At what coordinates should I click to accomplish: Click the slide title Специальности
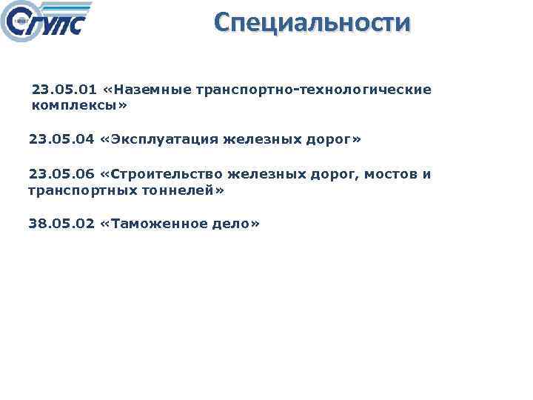pyautogui.click(x=311, y=22)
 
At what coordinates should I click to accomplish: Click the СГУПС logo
pyautogui.click(x=46, y=22)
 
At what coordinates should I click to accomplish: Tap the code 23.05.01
pyautogui.click(x=64, y=90)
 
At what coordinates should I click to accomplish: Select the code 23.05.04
pyautogui.click(x=61, y=139)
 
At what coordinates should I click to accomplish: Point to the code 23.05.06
pyautogui.click(x=61, y=174)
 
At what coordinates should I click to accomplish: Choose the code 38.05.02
pyautogui.click(x=61, y=224)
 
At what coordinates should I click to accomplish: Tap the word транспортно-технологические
pyautogui.click(x=314, y=90)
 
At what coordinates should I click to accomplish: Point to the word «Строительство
pyautogui.click(x=161, y=174)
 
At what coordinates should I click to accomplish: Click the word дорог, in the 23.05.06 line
pyautogui.click(x=330, y=174)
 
